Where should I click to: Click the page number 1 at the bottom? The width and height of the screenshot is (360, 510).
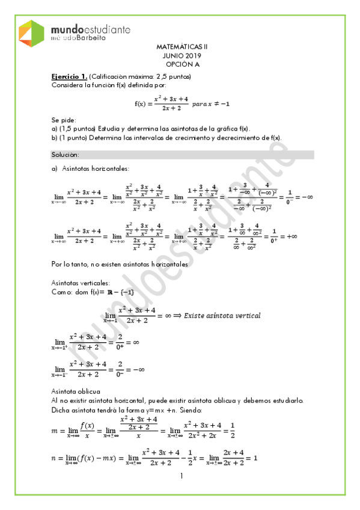pyautogui.click(x=181, y=477)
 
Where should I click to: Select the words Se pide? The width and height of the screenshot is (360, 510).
pyautogui.click(x=64, y=120)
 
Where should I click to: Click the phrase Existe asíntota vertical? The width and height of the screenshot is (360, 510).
pyautogui.click(x=222, y=315)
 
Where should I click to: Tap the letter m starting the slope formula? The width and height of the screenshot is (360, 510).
pyautogui.click(x=56, y=430)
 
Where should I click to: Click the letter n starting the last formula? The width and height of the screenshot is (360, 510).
pyautogui.click(x=55, y=458)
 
